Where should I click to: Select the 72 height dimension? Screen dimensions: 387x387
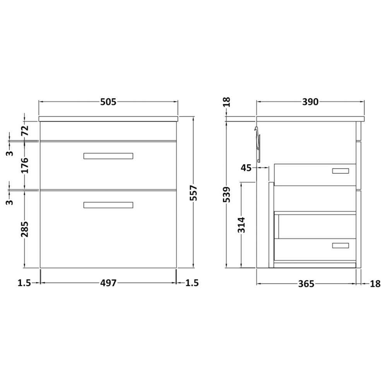(x=24, y=130)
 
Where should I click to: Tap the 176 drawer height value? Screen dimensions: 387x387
(x=24, y=165)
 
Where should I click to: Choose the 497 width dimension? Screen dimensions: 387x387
(x=108, y=283)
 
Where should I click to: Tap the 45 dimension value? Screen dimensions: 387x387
(x=247, y=168)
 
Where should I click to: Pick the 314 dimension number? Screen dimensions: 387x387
(x=241, y=226)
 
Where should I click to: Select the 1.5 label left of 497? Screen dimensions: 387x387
(x=24, y=283)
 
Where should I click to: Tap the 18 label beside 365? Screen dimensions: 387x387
(x=375, y=284)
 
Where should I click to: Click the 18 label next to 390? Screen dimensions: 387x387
(x=227, y=102)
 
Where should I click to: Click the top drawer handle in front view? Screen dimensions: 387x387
(x=108, y=156)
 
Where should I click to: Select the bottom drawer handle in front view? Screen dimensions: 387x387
(x=108, y=205)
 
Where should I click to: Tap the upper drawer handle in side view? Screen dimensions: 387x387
(x=341, y=171)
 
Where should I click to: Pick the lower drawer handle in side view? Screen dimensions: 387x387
(x=341, y=245)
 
